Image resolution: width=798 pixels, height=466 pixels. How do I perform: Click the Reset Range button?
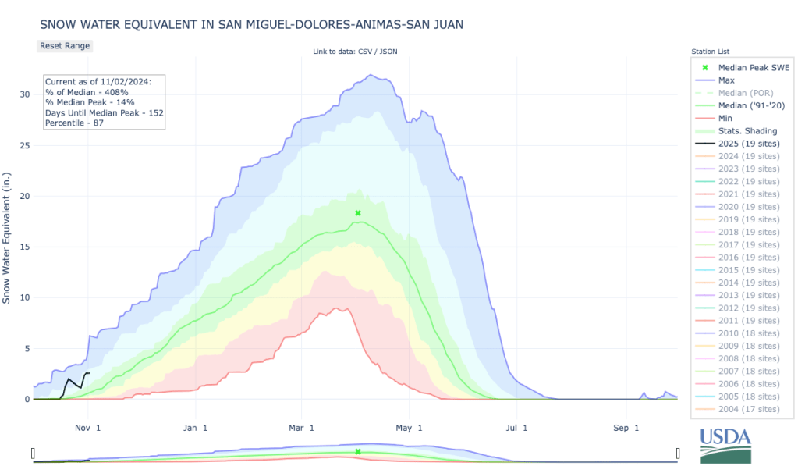pyautogui.click(x=65, y=45)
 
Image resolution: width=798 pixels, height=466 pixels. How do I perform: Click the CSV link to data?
pyautogui.click(x=364, y=52)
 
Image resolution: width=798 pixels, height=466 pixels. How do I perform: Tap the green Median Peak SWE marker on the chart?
pyautogui.click(x=358, y=213)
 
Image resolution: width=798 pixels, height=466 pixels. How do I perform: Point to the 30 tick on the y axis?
pyautogui.click(x=24, y=94)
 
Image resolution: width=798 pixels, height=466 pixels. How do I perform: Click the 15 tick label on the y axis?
pyautogui.click(x=24, y=247)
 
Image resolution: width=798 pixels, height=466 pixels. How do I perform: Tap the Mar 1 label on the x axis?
pyautogui.click(x=301, y=428)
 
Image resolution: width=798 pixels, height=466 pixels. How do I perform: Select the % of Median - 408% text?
pyautogui.click(x=86, y=92)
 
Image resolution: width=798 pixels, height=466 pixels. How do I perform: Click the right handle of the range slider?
pyautogui.click(x=678, y=453)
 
